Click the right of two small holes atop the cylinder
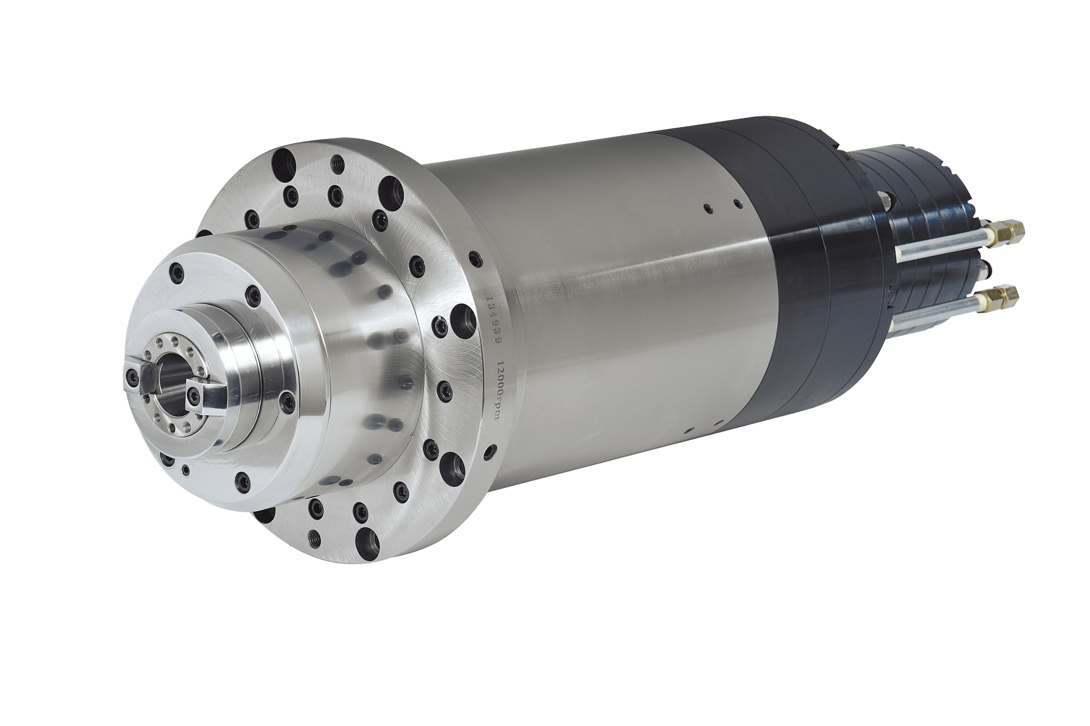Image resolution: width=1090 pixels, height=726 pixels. (738, 204)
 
